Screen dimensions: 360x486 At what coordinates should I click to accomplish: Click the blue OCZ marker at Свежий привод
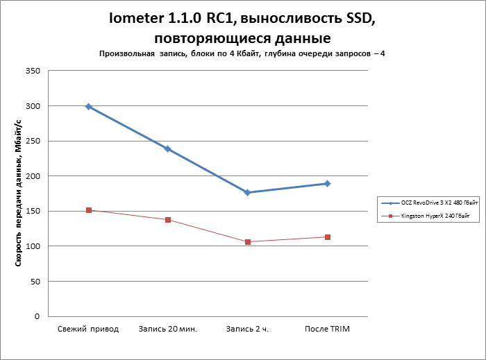pos(89,107)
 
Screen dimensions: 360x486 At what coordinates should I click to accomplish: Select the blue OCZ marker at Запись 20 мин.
pos(168,149)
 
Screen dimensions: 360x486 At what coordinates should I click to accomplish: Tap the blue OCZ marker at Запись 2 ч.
pos(248,192)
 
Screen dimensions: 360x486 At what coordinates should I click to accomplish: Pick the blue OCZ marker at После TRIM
pos(327,184)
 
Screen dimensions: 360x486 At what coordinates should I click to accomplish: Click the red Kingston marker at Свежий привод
pos(89,210)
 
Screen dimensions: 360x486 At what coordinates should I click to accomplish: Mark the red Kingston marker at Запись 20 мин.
pos(168,220)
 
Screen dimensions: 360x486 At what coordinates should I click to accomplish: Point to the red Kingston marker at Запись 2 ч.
pos(248,242)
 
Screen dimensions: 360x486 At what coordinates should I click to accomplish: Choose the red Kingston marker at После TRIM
pos(327,237)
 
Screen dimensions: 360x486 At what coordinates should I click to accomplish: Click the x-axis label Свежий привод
pos(88,329)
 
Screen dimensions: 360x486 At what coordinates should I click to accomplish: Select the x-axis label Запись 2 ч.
pos(247,329)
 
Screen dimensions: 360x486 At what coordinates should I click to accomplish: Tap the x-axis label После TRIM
pos(327,329)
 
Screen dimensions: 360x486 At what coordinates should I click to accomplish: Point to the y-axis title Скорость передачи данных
pos(19,192)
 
